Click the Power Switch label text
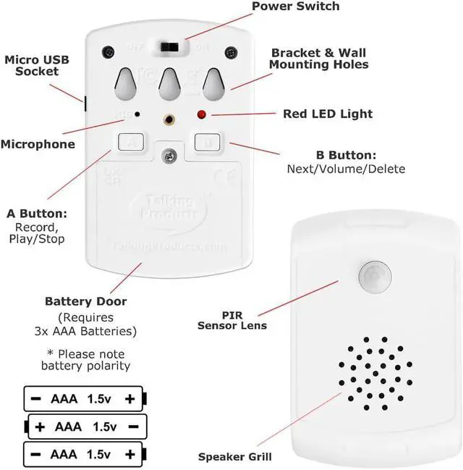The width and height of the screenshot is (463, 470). point(295,7)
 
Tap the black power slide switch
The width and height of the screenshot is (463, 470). point(171,47)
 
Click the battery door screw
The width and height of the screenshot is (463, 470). point(170,154)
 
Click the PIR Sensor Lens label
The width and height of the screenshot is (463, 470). point(232,320)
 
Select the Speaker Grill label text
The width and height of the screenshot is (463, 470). point(235,457)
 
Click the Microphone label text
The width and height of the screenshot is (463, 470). point(38,144)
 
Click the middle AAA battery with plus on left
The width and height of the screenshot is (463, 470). point(86,427)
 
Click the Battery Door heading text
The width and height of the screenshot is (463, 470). point(86,301)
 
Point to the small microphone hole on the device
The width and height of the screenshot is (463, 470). point(137,114)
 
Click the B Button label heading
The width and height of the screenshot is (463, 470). point(345,155)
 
